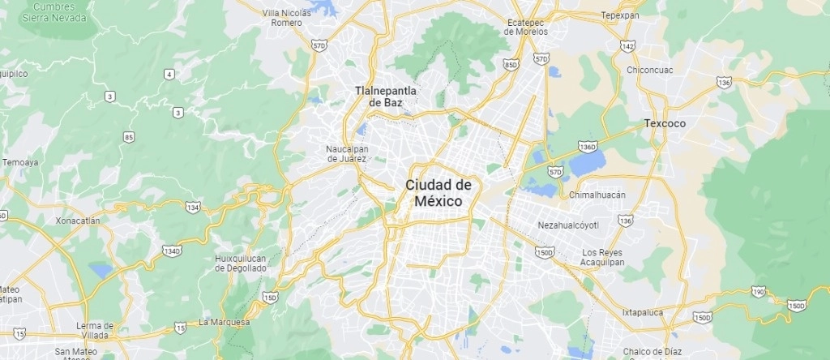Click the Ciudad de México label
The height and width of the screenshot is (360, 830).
tap(439, 192)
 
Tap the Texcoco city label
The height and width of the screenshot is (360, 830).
tap(665, 123)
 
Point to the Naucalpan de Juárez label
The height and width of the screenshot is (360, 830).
tap(347, 153)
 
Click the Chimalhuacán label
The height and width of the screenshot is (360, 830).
tap(597, 195)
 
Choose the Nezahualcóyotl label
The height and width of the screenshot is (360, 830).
tap(568, 225)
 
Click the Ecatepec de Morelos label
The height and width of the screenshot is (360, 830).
tap(526, 27)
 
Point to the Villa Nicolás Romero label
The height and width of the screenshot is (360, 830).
tap(287, 18)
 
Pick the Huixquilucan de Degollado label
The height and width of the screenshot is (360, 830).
tap(241, 263)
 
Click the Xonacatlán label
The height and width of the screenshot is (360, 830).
tap(78, 221)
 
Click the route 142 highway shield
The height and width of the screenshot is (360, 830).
tap(627, 47)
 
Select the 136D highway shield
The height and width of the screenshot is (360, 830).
tap(588, 147)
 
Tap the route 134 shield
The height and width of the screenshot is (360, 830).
tap(193, 208)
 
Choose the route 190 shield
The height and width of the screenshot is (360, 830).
tap(759, 291)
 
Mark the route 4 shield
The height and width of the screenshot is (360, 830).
tap(169, 75)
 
